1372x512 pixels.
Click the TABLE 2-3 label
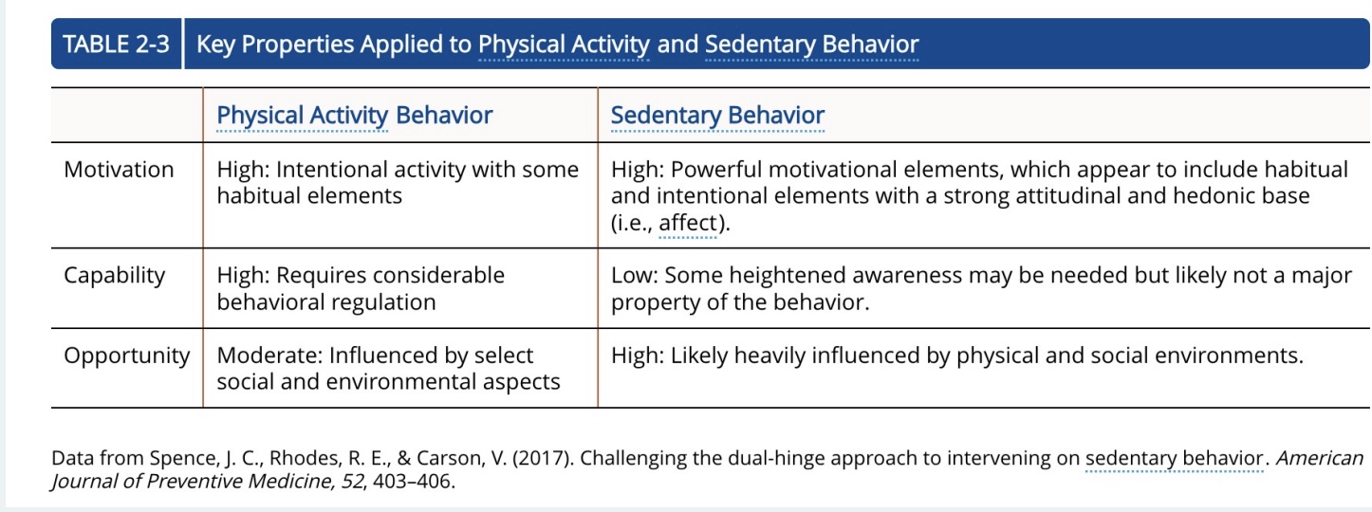point(116,45)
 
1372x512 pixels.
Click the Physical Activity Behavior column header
point(354,116)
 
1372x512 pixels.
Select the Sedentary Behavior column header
point(717,116)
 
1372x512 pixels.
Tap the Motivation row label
point(119,170)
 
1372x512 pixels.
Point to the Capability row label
point(114,276)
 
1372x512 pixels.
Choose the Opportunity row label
point(126,356)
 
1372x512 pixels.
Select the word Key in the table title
point(215,45)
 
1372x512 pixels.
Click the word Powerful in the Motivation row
point(713,170)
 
